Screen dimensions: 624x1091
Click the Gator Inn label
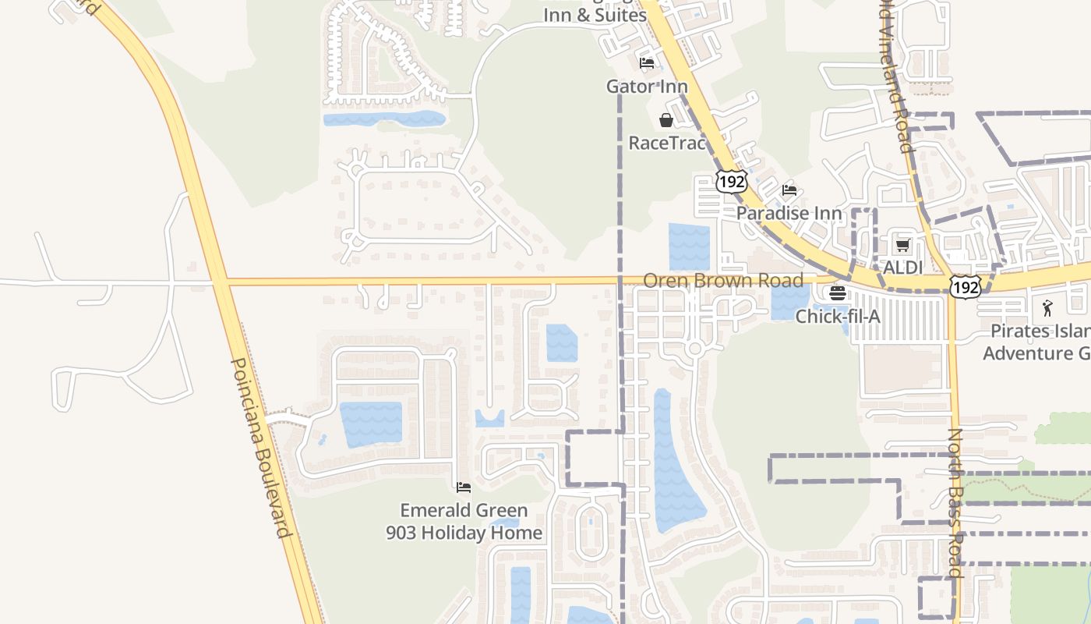click(x=647, y=87)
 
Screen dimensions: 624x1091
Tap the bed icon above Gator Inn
click(x=646, y=63)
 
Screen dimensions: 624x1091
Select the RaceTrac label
click(x=667, y=143)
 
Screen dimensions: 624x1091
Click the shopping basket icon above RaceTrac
click(x=666, y=120)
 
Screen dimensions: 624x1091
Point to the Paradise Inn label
click(x=789, y=213)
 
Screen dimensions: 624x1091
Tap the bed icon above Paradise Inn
click(x=789, y=190)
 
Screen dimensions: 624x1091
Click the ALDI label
click(x=902, y=268)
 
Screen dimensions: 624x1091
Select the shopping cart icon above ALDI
click(x=902, y=246)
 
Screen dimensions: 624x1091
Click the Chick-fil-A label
click(x=838, y=317)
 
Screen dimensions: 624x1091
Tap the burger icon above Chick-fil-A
click(x=838, y=293)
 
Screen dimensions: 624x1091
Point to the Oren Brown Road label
click(x=723, y=280)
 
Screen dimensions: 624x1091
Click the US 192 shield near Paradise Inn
click(x=731, y=182)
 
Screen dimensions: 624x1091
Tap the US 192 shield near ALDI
click(x=965, y=287)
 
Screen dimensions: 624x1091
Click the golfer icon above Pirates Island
click(x=1047, y=307)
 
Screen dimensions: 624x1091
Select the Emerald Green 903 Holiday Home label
click(x=464, y=522)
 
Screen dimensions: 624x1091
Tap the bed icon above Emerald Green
click(x=464, y=487)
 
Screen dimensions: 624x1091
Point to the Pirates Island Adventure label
click(x=1036, y=342)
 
